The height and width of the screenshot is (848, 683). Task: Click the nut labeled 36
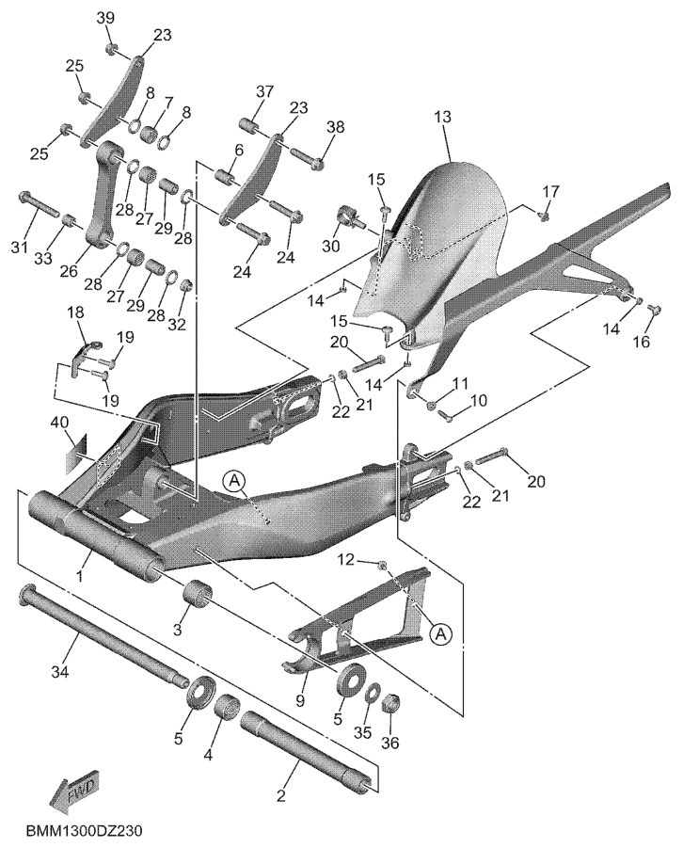click(394, 703)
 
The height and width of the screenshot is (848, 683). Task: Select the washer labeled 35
click(373, 695)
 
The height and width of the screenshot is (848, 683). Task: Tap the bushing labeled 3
click(197, 597)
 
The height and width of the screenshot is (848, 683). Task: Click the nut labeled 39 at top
click(111, 48)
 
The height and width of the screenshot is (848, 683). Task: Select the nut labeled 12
click(383, 565)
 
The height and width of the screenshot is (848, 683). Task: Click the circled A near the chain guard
click(440, 634)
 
